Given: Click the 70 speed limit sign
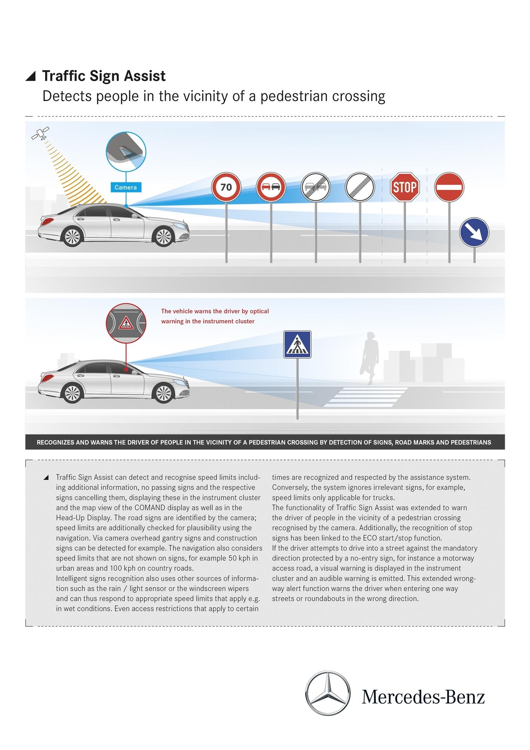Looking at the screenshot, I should [226, 187].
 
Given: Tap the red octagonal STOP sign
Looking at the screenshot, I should [404, 187].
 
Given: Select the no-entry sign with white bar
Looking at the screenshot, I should [449, 187].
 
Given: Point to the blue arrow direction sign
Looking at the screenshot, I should [474, 232].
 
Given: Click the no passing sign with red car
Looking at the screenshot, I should [271, 187].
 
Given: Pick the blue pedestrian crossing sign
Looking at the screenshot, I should [297, 345].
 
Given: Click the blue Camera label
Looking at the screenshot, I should [126, 187].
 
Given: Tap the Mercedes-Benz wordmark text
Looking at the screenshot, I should [423, 697].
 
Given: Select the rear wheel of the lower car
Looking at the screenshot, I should [72, 393].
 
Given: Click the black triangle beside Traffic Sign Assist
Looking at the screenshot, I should [31, 76].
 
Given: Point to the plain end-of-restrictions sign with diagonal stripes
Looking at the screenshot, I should [360, 187].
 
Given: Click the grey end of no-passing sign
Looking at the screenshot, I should [316, 187].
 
